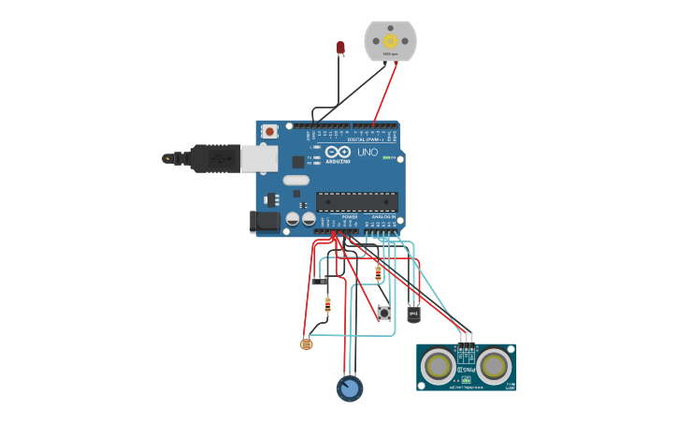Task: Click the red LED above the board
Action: [x=340, y=47]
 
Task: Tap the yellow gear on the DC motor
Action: [x=390, y=41]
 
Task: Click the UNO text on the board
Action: [x=368, y=152]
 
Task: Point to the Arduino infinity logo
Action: [x=339, y=152]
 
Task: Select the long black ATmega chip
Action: [x=356, y=201]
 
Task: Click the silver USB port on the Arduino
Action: [x=259, y=159]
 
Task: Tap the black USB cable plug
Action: [x=214, y=159]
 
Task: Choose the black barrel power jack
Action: [x=265, y=222]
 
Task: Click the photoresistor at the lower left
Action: [x=306, y=344]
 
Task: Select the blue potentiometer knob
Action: [x=350, y=388]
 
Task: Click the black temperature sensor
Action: [x=413, y=314]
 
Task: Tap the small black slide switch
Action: [x=319, y=280]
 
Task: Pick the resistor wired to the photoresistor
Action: [x=327, y=303]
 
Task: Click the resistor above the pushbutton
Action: [x=378, y=273]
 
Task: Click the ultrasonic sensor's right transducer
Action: [x=494, y=365]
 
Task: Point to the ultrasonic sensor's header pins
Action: [x=465, y=339]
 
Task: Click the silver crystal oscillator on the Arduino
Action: [x=296, y=181]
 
